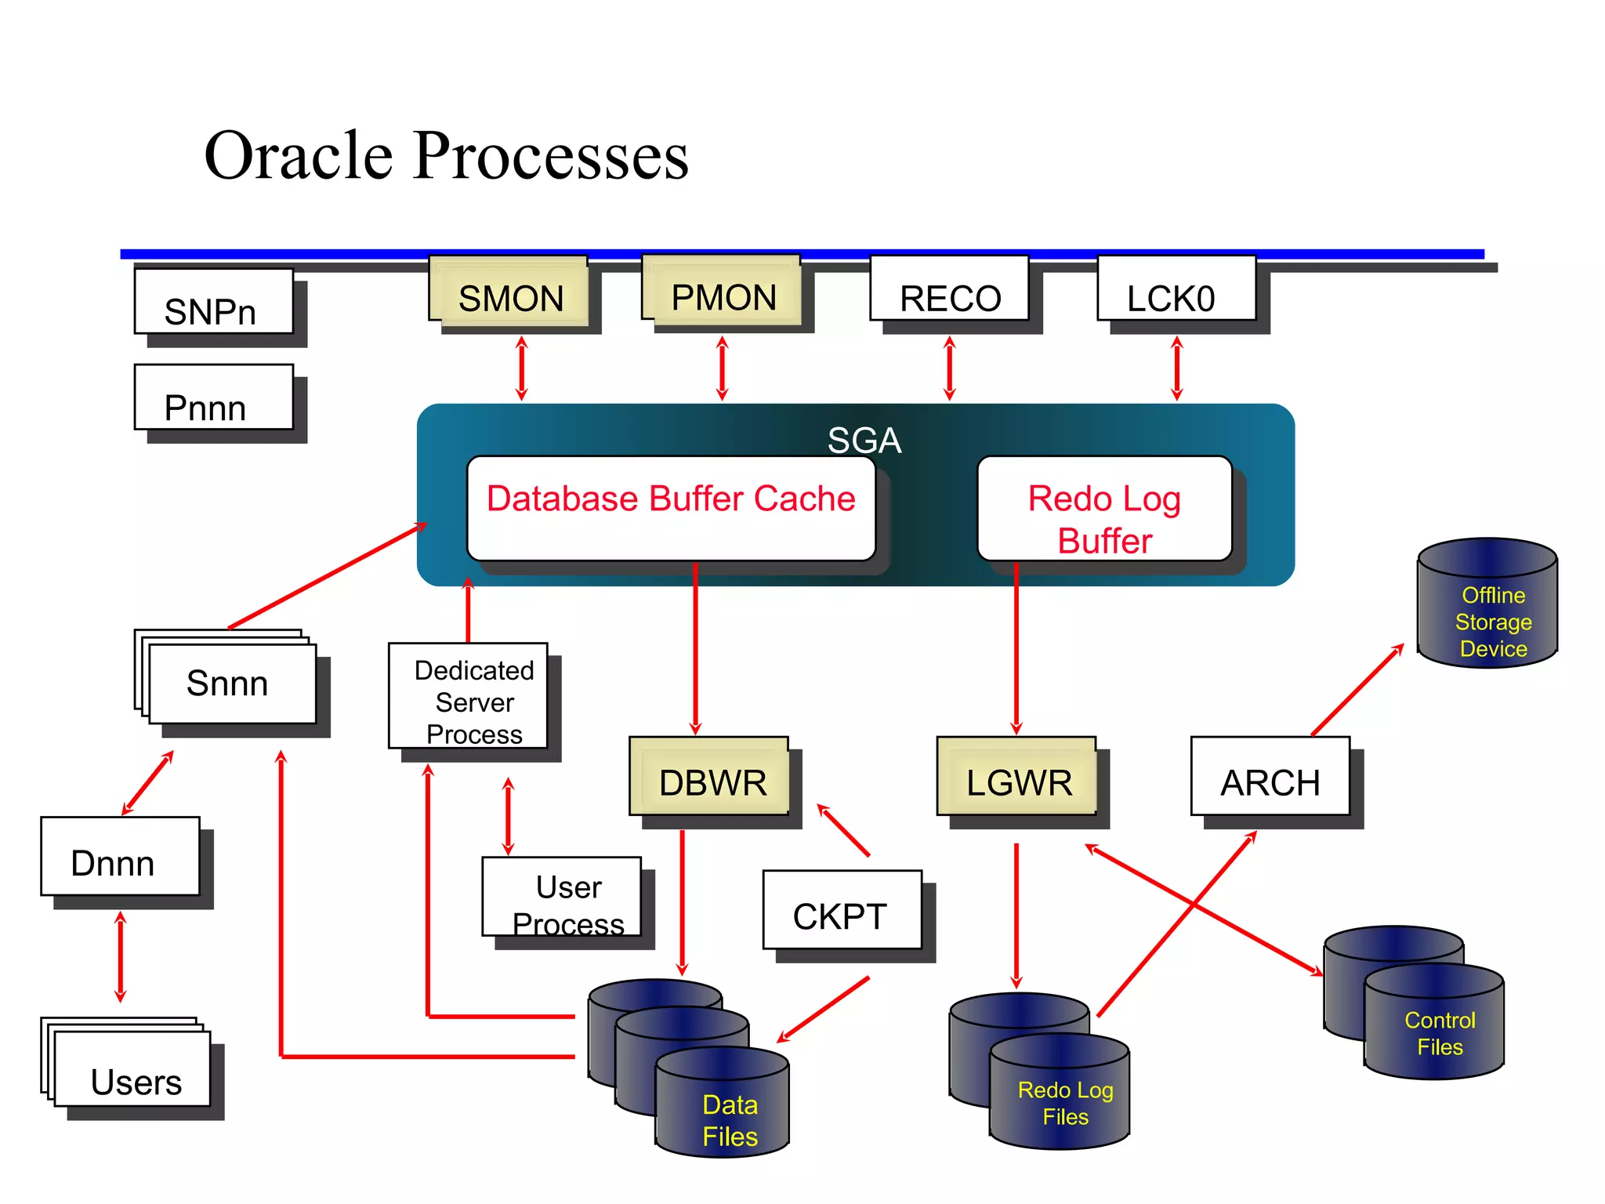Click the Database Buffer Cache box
671,508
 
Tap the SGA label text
864,441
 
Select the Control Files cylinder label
1440,1033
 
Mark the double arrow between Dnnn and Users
120,957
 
